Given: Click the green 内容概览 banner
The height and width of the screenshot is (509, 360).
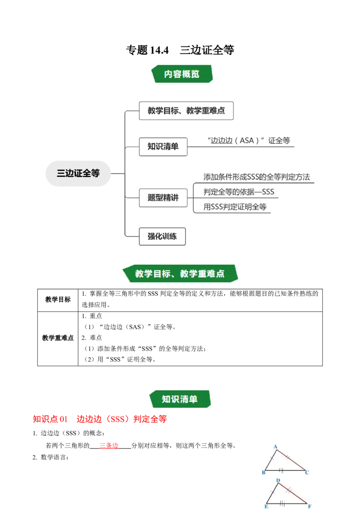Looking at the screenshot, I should [x=182, y=74].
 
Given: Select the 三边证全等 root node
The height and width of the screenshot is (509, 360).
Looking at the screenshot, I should [x=78, y=173].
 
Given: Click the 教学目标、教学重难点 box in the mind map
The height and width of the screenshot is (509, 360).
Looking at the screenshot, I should [x=186, y=111].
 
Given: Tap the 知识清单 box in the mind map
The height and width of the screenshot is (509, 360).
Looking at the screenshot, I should [x=163, y=147].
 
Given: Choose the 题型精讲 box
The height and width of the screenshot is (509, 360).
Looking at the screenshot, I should [x=163, y=197].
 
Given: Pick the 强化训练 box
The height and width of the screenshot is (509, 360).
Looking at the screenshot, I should [x=162, y=236].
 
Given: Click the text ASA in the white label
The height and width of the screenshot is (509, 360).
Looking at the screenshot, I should [x=247, y=140].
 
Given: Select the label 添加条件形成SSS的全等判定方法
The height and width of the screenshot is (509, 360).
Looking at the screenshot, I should [x=256, y=176].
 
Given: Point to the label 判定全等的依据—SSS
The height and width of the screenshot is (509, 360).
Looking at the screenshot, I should [x=238, y=192].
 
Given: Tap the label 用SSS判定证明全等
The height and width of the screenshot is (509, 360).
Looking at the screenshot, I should [x=235, y=207].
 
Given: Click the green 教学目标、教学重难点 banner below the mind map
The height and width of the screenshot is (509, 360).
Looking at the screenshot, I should [x=180, y=273].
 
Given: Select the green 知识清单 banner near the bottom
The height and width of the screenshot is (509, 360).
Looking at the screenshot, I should [x=180, y=399].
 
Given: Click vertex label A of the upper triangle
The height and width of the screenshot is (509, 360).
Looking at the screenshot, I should [x=275, y=446].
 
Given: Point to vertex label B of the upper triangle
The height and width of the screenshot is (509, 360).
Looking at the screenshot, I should [x=263, y=473].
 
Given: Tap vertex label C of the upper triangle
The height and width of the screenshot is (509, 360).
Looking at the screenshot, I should [x=307, y=473].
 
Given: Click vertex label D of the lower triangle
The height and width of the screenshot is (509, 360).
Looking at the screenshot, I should [x=278, y=481].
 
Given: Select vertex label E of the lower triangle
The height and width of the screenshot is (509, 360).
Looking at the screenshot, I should [x=266, y=506].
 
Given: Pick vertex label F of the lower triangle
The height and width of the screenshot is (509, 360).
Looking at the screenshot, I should [x=310, y=506].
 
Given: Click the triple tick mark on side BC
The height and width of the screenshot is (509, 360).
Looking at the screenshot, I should [x=281, y=470].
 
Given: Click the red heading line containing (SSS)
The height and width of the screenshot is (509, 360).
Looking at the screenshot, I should [x=100, y=420].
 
